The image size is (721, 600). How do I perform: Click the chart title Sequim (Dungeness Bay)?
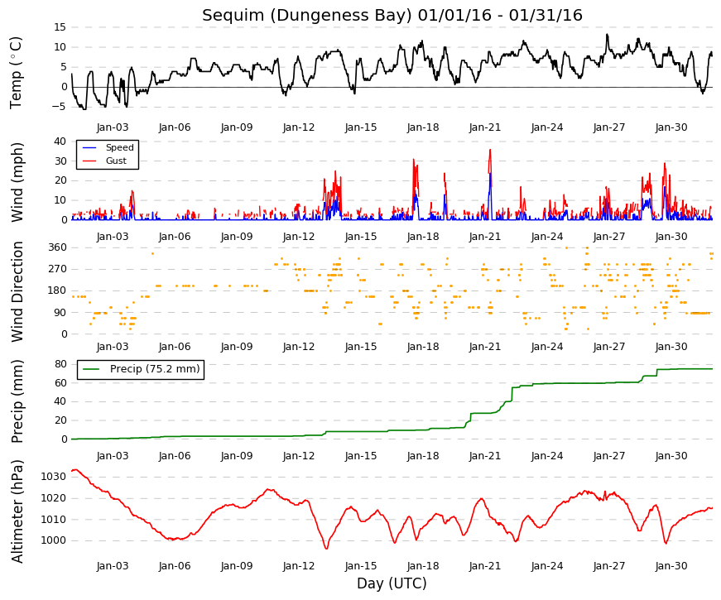pyautogui.click(x=307, y=16)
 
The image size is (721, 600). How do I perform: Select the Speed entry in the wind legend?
pyautogui.click(x=119, y=147)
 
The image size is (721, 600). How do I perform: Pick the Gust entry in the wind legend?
pyautogui.click(x=116, y=161)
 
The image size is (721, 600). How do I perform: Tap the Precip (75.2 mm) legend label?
pyautogui.click(x=155, y=369)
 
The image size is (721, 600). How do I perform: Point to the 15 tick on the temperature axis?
pyautogui.click(x=60, y=27)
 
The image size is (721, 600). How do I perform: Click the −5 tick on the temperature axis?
pyautogui.click(x=59, y=107)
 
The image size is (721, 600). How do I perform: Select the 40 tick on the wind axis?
pyautogui.click(x=60, y=142)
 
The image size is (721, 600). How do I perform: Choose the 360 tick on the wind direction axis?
pyautogui.click(x=57, y=247)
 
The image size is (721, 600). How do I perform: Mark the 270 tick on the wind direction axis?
pyautogui.click(x=57, y=269)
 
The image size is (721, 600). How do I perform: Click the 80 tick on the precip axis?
pyautogui.click(x=60, y=364)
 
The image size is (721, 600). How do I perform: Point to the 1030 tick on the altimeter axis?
pyautogui.click(x=53, y=477)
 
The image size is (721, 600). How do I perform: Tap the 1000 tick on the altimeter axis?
pyautogui.click(x=53, y=540)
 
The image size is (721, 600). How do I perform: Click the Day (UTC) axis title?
pyautogui.click(x=392, y=583)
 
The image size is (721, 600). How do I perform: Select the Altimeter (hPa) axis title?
pyautogui.click(x=17, y=511)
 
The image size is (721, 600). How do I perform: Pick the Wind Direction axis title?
pyautogui.click(x=17, y=291)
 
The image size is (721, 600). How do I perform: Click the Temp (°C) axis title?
pyautogui.click(x=16, y=73)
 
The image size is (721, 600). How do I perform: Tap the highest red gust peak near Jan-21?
pyautogui.click(x=490, y=150)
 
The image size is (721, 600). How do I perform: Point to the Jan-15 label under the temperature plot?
pyautogui.click(x=361, y=127)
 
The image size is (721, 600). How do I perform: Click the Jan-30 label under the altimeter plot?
pyautogui.click(x=671, y=566)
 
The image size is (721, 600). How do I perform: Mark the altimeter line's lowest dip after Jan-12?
pyautogui.click(x=326, y=549)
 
